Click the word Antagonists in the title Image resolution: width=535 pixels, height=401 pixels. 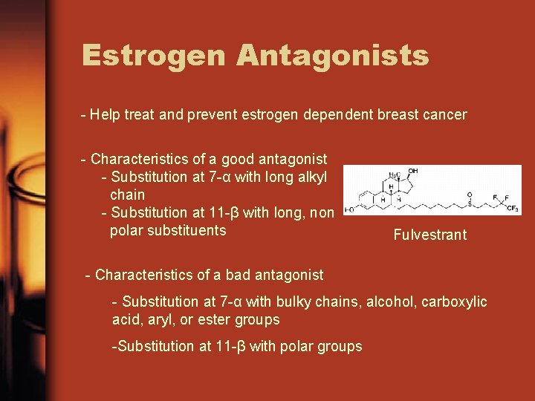click(x=332, y=55)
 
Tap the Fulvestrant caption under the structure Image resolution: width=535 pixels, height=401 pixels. click(x=430, y=235)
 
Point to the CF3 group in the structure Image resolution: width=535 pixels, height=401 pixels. click(x=512, y=209)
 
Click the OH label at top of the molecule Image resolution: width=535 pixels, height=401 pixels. click(x=412, y=172)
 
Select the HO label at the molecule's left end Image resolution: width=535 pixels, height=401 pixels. click(x=349, y=209)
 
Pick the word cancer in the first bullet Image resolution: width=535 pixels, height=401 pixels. click(x=445, y=115)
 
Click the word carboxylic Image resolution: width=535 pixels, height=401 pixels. click(x=454, y=302)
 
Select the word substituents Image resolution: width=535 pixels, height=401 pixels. click(x=188, y=230)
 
